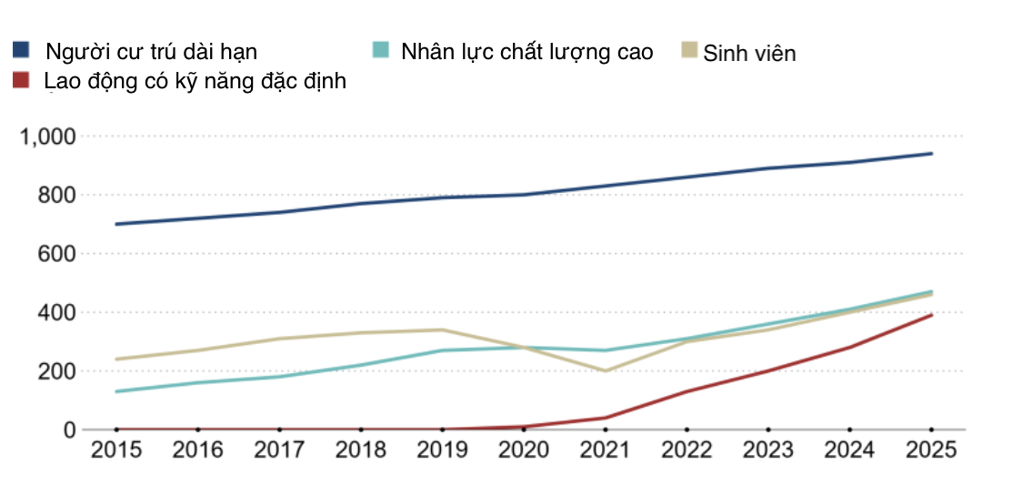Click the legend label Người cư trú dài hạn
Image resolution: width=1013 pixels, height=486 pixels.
pos(151,52)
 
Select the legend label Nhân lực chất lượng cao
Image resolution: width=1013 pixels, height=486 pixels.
pos(527,52)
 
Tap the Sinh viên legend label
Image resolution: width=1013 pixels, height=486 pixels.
pos(749,54)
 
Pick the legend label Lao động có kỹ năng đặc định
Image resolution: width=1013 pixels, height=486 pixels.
pos(195,81)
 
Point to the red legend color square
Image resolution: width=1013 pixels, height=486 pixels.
pos(21,80)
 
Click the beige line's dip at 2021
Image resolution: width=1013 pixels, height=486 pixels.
pos(605,370)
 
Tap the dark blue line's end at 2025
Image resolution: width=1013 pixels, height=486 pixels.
pos(931,154)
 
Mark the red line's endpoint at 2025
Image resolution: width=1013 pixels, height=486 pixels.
pos(931,315)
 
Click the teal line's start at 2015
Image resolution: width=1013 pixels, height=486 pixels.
pos(116,391)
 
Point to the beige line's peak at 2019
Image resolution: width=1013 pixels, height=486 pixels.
pos(442,330)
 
